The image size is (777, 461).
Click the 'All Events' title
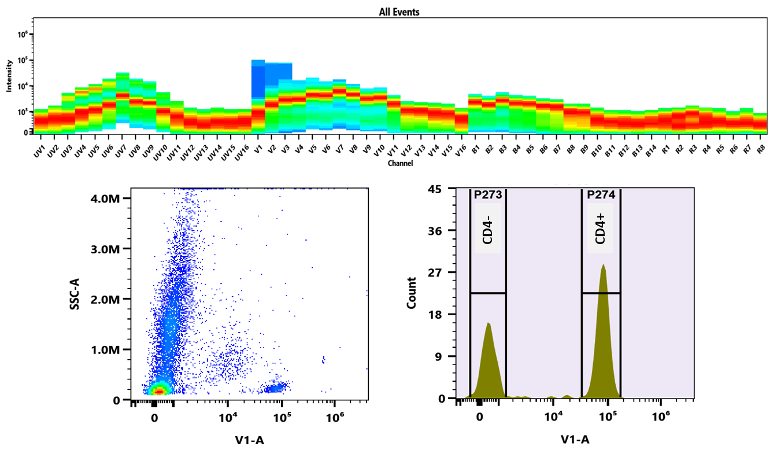[399, 12]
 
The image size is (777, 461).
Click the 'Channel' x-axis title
[401, 164]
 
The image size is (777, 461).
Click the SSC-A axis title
[75, 293]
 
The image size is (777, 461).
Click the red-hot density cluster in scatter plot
[158, 392]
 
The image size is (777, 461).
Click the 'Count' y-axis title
[412, 293]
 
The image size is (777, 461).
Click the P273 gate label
[488, 196]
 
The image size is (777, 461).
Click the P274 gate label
[601, 196]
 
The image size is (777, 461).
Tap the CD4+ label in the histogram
[600, 228]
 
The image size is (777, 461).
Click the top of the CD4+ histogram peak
[603, 265]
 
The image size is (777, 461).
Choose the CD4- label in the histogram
[487, 228]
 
